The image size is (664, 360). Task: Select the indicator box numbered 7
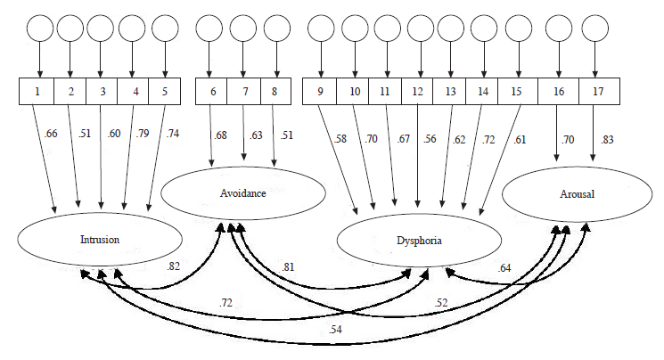tap(243, 91)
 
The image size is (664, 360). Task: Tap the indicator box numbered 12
tap(418, 91)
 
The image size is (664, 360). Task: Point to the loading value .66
tap(52, 135)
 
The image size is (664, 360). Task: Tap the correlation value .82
tap(174, 266)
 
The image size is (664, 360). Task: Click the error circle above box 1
tap(39, 29)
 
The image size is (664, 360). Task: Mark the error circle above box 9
tap(321, 29)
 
